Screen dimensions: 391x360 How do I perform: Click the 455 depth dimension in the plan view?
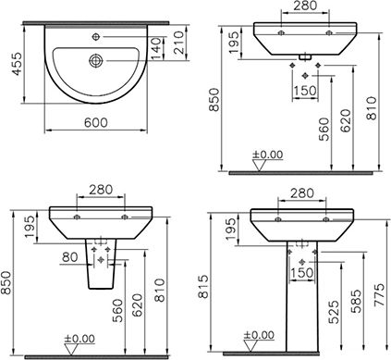(18, 64)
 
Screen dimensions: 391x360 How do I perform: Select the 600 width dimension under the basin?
(96, 123)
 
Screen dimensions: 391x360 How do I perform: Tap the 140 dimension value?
(156, 48)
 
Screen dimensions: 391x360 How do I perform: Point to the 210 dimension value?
(178, 43)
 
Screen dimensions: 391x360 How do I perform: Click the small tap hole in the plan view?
(96, 37)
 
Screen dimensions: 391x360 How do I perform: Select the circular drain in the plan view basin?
(96, 60)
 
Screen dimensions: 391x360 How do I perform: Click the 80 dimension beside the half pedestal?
(70, 257)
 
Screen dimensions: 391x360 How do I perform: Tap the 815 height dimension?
(203, 287)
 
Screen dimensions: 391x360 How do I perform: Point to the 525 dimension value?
(334, 312)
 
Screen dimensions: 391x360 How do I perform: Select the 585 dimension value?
(357, 301)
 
